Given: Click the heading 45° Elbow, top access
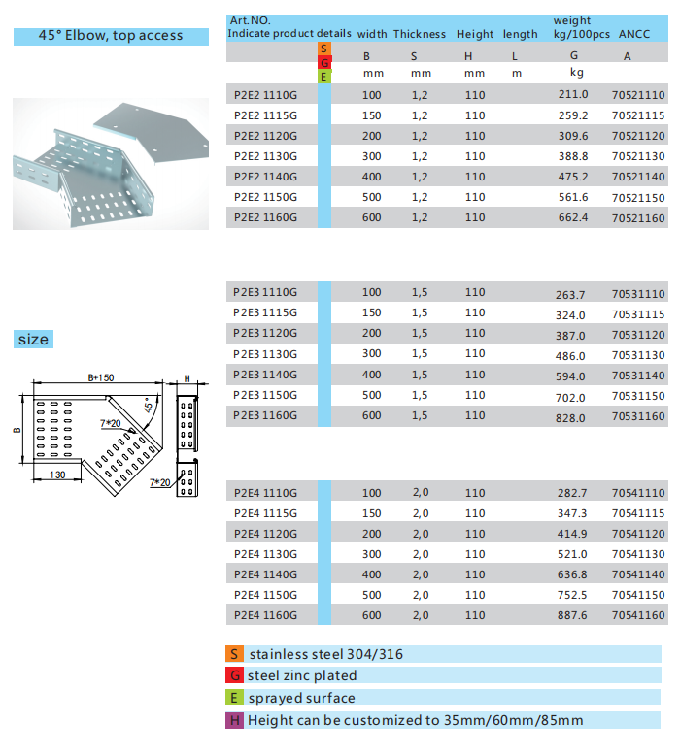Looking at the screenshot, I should [x=111, y=36].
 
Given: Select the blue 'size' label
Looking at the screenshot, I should [x=33, y=340].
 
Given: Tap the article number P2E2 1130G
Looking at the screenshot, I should [x=266, y=156].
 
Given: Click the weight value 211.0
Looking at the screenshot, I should [x=573, y=94].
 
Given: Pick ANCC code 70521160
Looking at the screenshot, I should [x=638, y=218].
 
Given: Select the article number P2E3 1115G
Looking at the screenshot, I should [x=266, y=313].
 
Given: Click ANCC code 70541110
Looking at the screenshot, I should [x=638, y=493].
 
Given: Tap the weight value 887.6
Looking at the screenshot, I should [x=573, y=615].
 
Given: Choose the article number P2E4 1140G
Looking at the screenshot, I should [x=266, y=574].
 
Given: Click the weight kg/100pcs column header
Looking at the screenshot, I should [x=582, y=27].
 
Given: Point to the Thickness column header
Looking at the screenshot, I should [x=420, y=34].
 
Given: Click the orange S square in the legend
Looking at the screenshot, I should [x=234, y=654].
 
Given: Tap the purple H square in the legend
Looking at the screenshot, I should [x=234, y=720].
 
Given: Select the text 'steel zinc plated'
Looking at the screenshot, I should [x=302, y=675].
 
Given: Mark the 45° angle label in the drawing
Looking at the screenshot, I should [x=148, y=406].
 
